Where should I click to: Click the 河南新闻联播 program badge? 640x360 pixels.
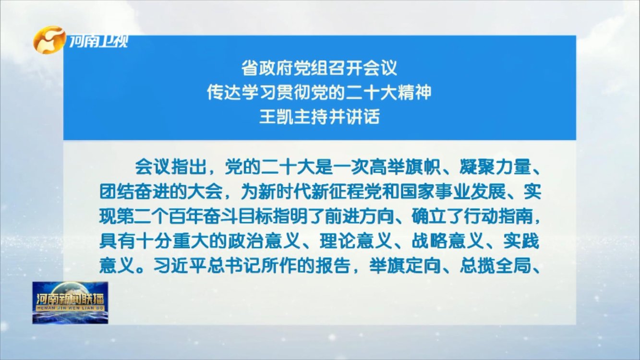pyautogui.click(x=70, y=302)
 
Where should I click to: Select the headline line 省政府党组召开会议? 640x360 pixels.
pyautogui.click(x=319, y=68)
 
